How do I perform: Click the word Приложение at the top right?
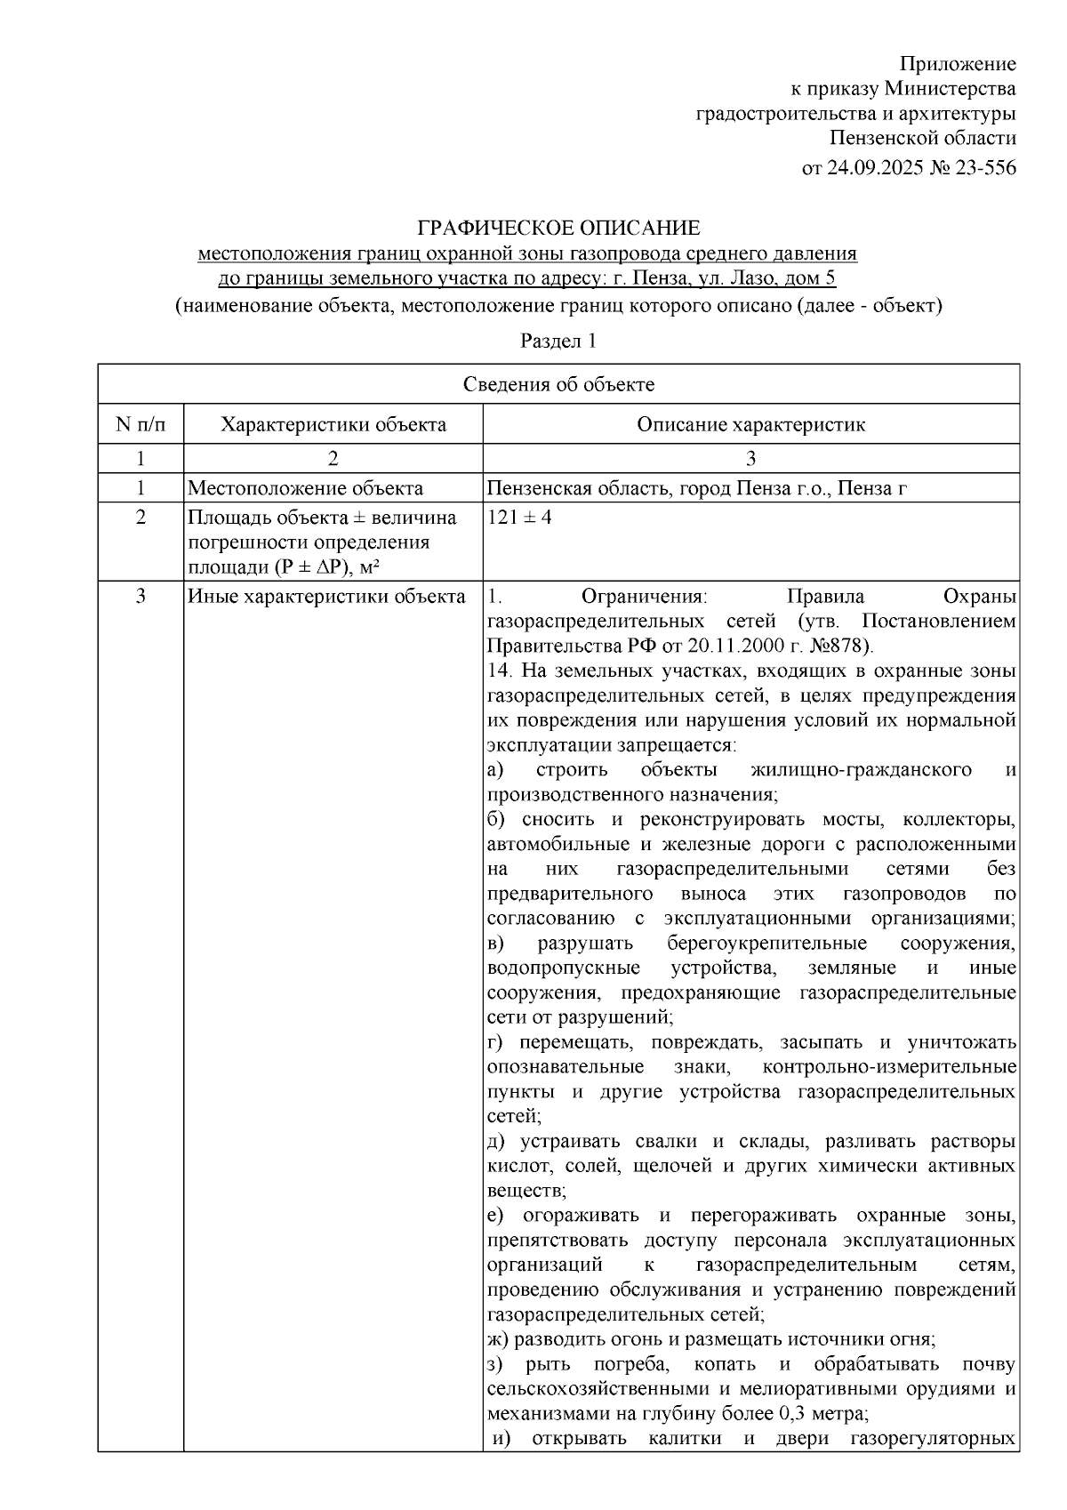958,64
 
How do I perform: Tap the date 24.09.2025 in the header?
875,167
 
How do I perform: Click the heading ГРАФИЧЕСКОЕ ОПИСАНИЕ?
559,228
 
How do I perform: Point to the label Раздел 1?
558,341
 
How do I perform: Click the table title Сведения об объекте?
558,384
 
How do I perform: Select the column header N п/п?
140,424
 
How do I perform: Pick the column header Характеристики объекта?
333,424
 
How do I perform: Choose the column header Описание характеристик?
750,424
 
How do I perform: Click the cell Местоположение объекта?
305,488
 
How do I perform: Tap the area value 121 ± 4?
519,517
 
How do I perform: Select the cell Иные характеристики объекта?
326,597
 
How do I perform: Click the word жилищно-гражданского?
861,769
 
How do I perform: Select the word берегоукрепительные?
766,943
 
